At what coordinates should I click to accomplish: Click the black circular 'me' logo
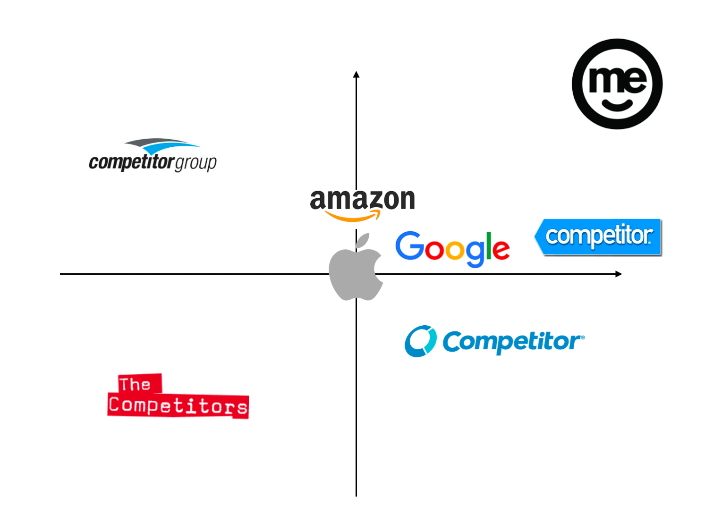(x=617, y=84)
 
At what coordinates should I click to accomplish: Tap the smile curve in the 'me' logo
(x=617, y=105)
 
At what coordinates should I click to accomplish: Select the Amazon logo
(x=362, y=204)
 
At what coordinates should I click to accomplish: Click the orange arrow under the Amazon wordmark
(x=354, y=217)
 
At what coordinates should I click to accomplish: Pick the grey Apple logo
(x=356, y=271)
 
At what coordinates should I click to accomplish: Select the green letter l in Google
(x=489, y=245)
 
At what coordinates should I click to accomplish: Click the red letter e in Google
(x=501, y=249)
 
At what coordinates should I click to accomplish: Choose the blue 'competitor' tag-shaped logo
(x=598, y=237)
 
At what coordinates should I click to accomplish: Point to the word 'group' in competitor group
(x=195, y=163)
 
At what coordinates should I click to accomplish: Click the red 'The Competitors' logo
(x=178, y=397)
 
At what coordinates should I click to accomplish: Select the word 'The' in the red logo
(x=135, y=384)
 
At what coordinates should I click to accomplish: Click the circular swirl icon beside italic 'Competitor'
(x=420, y=341)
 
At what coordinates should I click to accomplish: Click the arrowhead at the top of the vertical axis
(x=356, y=75)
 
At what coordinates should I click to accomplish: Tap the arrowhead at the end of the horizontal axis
(x=619, y=274)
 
